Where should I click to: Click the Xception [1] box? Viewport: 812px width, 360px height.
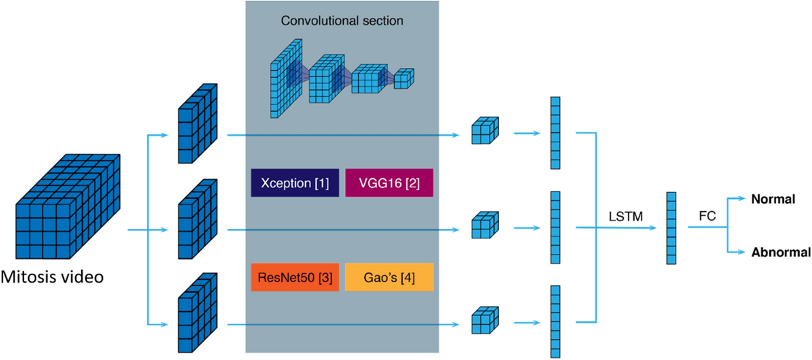[x=295, y=183]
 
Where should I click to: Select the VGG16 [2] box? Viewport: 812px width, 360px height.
[x=389, y=183]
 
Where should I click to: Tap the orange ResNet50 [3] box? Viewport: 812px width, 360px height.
[x=295, y=277]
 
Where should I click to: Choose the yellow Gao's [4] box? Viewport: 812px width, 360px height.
[x=389, y=277]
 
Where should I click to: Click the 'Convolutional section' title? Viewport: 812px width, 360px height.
[x=342, y=22]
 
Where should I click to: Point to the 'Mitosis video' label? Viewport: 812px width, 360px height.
[x=52, y=278]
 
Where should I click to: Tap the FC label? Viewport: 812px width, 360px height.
[x=707, y=216]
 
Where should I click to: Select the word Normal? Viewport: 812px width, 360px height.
[x=772, y=199]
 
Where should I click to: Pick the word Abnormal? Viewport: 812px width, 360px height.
[x=781, y=252]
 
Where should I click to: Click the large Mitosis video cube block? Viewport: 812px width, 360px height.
[x=68, y=206]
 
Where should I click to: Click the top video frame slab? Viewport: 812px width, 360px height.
[x=197, y=124]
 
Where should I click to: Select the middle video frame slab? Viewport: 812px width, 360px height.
[x=197, y=219]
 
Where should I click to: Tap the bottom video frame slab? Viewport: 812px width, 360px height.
[x=197, y=313]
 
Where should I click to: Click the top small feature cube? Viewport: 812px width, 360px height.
[x=484, y=131]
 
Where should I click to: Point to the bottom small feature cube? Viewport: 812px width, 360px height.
[x=484, y=320]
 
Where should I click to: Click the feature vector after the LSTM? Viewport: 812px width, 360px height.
[x=672, y=228]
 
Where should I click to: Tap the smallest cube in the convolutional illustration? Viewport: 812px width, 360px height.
[x=403, y=79]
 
